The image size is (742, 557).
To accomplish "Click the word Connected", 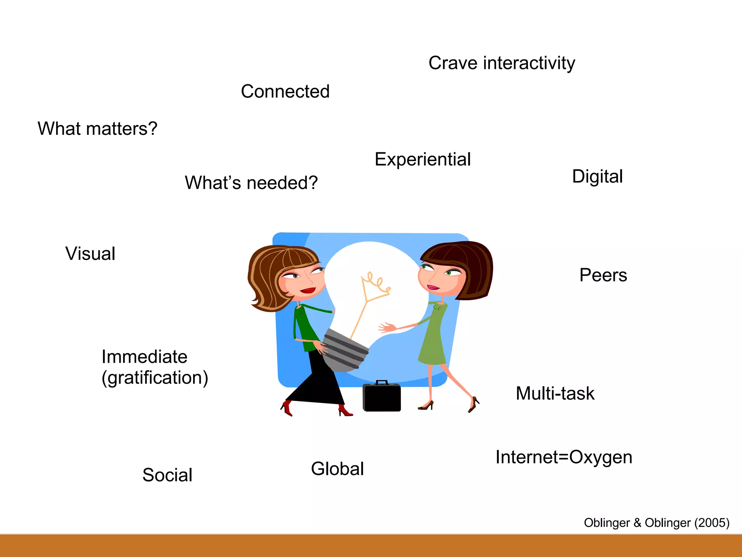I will point(285,91).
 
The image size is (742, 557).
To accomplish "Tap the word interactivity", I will point(529,63).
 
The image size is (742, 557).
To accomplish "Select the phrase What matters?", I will point(97,129).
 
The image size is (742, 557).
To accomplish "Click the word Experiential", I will point(422,160).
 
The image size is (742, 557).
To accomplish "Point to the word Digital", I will point(597,177).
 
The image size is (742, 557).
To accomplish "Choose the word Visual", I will point(90,253).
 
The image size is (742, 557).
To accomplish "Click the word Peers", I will point(603,275).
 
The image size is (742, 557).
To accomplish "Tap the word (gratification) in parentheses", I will point(155,378).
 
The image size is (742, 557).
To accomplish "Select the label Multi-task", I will point(555,393).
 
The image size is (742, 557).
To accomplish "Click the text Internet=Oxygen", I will point(564,457).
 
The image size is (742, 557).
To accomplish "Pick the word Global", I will point(337,469).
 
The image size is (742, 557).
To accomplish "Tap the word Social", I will point(167,475).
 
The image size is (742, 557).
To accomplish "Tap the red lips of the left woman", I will point(308,290).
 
